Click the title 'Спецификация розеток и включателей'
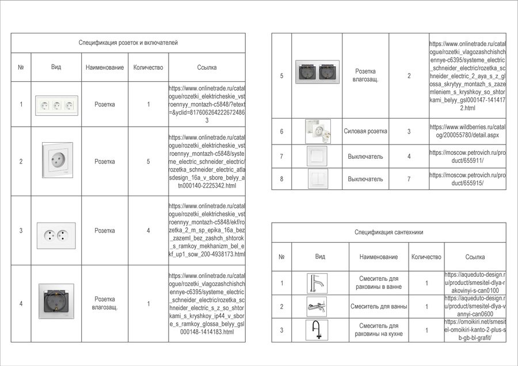pyautogui.click(x=128, y=43)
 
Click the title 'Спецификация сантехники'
pyautogui.click(x=389, y=232)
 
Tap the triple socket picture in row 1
pyautogui.click(x=56, y=105)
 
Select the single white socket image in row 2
pyautogui.click(x=57, y=161)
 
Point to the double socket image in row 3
pyautogui.click(x=56, y=231)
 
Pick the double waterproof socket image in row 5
pyautogui.click(x=317, y=71)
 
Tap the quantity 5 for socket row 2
pyautogui.click(x=148, y=162)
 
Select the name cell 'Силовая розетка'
pyautogui.click(x=365, y=131)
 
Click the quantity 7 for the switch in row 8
pyautogui.click(x=409, y=179)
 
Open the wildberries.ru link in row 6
pyautogui.click(x=467, y=131)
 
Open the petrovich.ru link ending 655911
pyautogui.click(x=467, y=157)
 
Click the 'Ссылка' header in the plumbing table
pyautogui.click(x=475, y=257)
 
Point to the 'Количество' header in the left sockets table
pyautogui.click(x=148, y=67)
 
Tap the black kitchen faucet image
pyautogui.click(x=317, y=330)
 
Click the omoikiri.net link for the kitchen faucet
pyautogui.click(x=475, y=330)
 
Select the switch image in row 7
pyautogui.click(x=317, y=157)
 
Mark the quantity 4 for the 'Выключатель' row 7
pyautogui.click(x=409, y=157)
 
